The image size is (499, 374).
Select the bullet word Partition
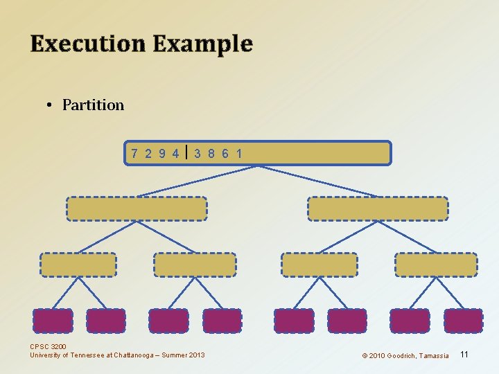pyautogui.click(x=93, y=105)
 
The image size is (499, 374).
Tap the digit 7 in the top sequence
pyautogui.click(x=135, y=153)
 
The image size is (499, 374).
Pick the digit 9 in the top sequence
pyautogui.click(x=162, y=153)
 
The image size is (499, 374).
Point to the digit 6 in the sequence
pyautogui.click(x=225, y=153)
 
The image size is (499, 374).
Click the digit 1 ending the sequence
pyautogui.click(x=239, y=153)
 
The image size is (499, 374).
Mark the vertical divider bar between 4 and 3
pyautogui.click(x=187, y=152)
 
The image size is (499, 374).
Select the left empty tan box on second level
pyautogui.click(x=137, y=208)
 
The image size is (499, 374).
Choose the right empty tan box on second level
pyautogui.click(x=378, y=208)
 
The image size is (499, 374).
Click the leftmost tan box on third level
pyautogui.click(x=78, y=265)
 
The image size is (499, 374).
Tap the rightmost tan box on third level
pyautogui.click(x=436, y=265)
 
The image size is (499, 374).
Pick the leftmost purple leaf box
pyautogui.click(x=53, y=321)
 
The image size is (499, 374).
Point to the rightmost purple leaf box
pyautogui.click(x=463, y=321)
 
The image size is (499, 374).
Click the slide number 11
pyautogui.click(x=464, y=355)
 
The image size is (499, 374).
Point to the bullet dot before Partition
pyautogui.click(x=50, y=105)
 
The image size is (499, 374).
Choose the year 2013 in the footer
pyautogui.click(x=195, y=355)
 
